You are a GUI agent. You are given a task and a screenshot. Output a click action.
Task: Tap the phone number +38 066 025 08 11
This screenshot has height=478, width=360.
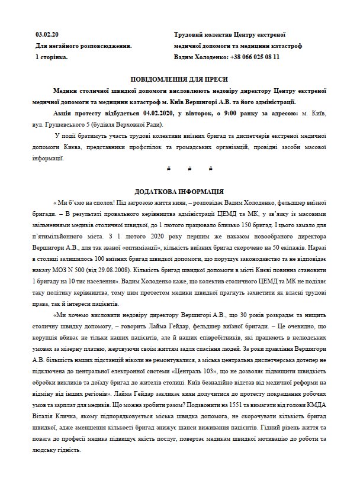tap(250, 57)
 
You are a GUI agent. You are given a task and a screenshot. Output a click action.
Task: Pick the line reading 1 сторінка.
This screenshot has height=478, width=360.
tap(52, 57)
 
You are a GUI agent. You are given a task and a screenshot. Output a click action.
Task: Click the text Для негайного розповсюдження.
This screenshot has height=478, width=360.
tap(83, 46)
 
